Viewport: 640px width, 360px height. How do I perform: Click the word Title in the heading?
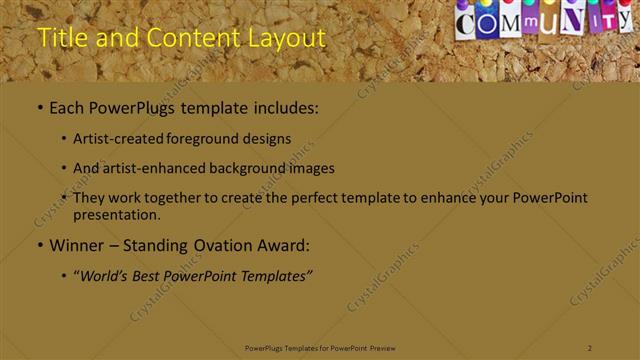point(57,38)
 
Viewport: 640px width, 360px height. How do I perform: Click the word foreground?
point(200,139)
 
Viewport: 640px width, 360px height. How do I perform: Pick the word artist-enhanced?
point(156,168)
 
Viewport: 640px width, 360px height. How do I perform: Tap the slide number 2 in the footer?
point(590,347)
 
